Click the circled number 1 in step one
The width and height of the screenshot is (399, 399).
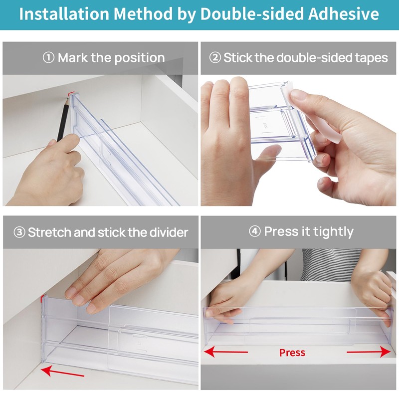[x=48, y=58]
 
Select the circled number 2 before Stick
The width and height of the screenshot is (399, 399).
[x=215, y=58]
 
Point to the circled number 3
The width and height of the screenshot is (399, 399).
[x=19, y=232]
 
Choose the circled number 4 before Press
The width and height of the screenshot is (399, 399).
[x=254, y=232]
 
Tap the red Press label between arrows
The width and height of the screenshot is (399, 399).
[x=292, y=353]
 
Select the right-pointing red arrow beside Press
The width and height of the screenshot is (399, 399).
[x=369, y=352]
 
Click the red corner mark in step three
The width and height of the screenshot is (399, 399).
[x=42, y=299]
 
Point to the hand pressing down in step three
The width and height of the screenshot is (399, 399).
[x=115, y=279]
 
